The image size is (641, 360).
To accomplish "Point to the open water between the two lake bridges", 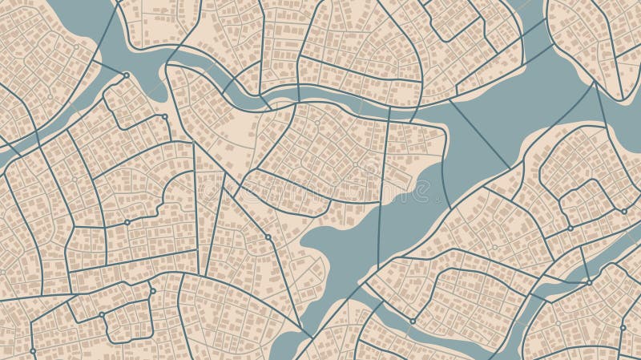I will (x=521, y=120).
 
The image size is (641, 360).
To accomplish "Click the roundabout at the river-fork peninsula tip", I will (x=126, y=75).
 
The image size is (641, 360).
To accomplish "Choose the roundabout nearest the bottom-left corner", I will (x=33, y=350).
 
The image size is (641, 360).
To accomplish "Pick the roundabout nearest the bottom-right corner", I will (x=623, y=327).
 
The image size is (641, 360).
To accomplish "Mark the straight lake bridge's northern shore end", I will (x=450, y=100).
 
